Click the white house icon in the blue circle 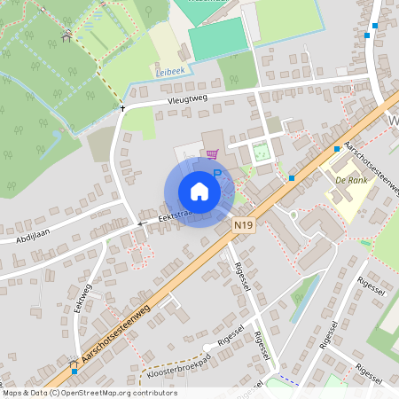199,192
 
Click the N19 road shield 246,226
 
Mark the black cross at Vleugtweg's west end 122,108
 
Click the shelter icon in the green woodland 66,36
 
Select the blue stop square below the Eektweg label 73,362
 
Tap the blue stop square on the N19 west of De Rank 292,178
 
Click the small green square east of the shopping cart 261,152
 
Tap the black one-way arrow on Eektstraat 139,224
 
